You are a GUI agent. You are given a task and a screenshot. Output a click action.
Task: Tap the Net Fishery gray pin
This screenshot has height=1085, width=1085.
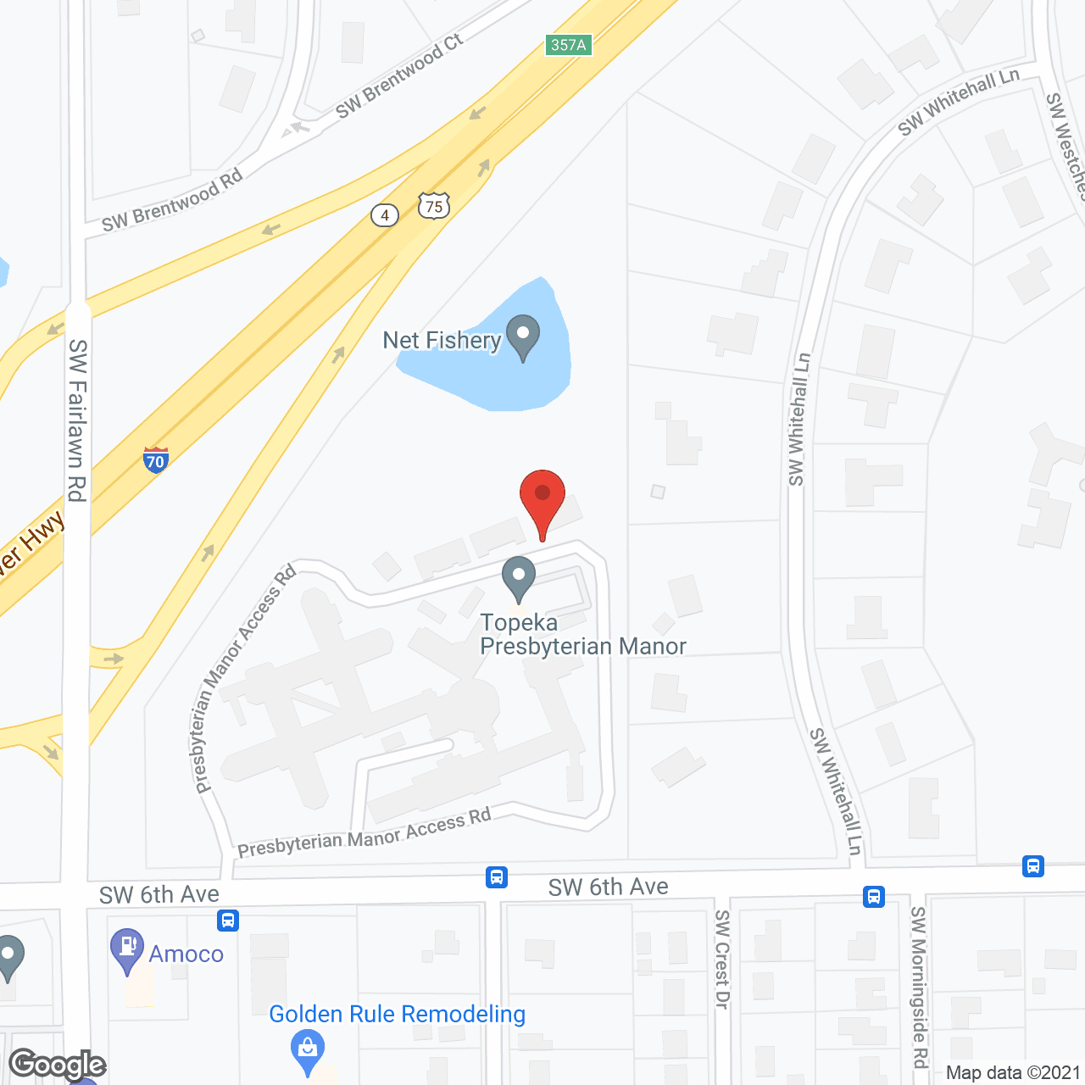tap(522, 336)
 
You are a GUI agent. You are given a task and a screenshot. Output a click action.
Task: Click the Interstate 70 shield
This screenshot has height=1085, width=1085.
tap(155, 459)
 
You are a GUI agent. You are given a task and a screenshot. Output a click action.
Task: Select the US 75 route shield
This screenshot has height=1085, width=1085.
tap(433, 205)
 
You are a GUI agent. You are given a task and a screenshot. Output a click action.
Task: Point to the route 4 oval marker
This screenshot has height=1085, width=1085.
tap(385, 215)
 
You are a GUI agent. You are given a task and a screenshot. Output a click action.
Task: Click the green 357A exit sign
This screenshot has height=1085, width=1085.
tap(568, 45)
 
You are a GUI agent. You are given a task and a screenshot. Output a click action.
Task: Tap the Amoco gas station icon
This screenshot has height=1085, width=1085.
tap(127, 949)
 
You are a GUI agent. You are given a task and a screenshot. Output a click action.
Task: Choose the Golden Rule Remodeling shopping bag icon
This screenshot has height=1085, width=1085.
tap(307, 1051)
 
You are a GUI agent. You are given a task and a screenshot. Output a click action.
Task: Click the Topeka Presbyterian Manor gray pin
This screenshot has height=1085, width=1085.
tap(518, 578)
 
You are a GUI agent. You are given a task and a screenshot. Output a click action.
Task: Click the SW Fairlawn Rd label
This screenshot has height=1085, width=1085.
tap(77, 420)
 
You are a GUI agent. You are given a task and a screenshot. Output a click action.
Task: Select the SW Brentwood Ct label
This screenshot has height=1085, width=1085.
tap(399, 76)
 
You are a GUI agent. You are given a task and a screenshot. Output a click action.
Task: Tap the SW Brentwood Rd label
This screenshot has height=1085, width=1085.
tap(172, 201)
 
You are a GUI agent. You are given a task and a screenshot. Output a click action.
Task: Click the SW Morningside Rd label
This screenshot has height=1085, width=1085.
tap(919, 988)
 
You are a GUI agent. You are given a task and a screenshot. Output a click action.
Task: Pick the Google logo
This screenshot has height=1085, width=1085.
tap(58, 1065)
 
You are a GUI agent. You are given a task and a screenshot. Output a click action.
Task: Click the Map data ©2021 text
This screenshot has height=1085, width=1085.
tap(1013, 1072)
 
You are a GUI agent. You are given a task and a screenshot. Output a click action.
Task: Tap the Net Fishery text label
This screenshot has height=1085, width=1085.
tap(442, 341)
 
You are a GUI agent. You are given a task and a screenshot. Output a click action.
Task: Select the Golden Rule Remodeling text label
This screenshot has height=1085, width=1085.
tap(397, 1014)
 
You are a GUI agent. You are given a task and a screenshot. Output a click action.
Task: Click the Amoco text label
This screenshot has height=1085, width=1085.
tap(186, 954)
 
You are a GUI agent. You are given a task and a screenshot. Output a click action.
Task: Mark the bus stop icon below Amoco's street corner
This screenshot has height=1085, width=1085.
tap(228, 920)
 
